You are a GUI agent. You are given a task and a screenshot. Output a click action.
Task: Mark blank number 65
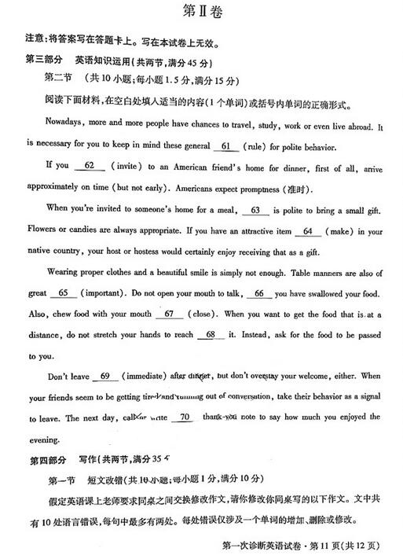tap(63, 293)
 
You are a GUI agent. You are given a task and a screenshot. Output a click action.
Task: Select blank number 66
tap(258, 293)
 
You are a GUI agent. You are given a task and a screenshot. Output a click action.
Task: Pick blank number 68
tap(209, 335)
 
